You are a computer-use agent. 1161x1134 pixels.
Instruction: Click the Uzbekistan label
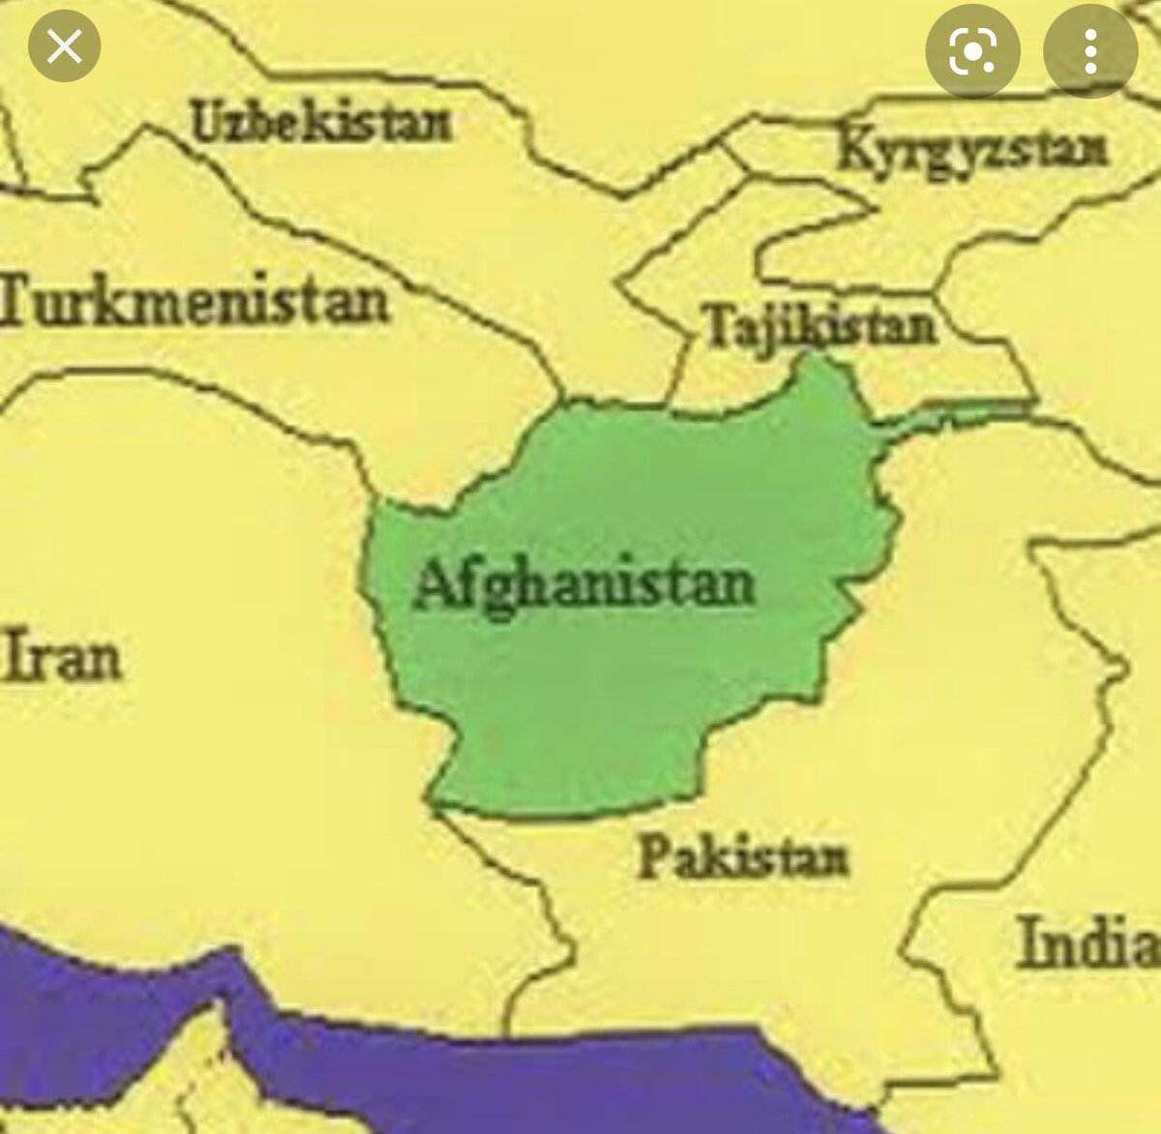[x=320, y=123]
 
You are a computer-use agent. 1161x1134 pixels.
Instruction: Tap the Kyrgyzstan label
[x=971, y=150]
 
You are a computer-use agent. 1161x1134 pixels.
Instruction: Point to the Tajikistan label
[x=820, y=324]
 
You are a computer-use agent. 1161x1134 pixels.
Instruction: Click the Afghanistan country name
[x=583, y=585]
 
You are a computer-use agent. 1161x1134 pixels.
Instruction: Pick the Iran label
[x=62, y=656]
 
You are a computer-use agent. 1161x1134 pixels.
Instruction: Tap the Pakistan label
[x=742, y=857]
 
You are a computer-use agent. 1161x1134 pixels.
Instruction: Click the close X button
[x=65, y=45]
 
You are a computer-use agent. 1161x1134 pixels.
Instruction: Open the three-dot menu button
[x=1089, y=49]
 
